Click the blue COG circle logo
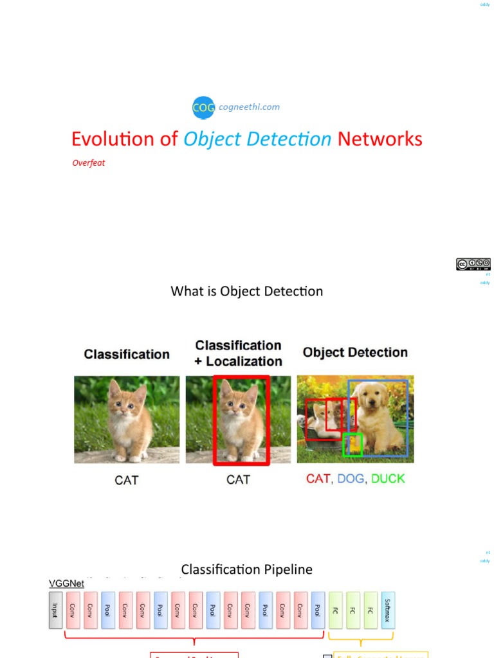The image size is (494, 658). [203, 108]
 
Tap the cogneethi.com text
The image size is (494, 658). [249, 107]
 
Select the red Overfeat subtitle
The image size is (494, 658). [88, 163]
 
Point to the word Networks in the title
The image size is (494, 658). [380, 139]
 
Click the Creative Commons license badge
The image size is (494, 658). [473, 264]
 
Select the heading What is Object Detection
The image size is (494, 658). [246, 291]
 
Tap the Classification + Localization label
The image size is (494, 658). [238, 353]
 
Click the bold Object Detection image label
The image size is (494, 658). [355, 353]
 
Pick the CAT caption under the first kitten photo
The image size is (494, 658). [126, 480]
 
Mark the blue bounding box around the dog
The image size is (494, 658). [407, 418]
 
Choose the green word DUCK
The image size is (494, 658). [388, 479]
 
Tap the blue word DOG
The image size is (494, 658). [350, 479]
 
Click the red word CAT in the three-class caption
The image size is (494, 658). [318, 479]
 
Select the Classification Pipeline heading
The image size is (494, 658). [246, 569]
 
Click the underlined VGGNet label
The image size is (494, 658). [67, 584]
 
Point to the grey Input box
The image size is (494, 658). [56, 610]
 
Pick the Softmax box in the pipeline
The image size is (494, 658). [388, 610]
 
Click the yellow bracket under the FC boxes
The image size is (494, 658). [360, 639]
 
